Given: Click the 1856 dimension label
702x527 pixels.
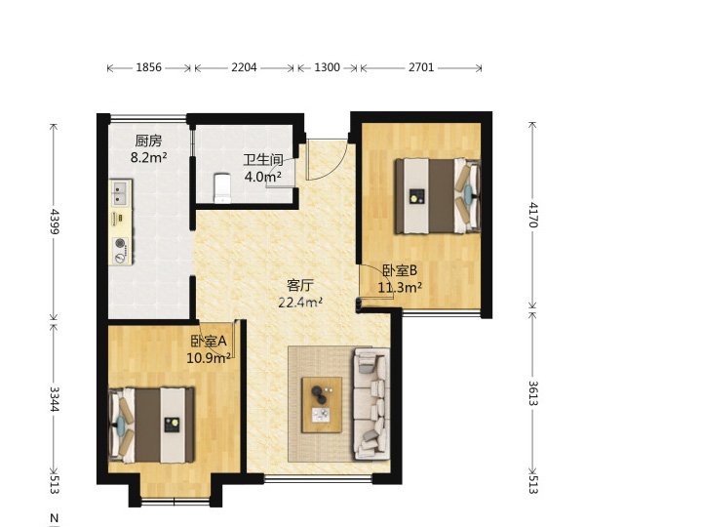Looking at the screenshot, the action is (148, 67).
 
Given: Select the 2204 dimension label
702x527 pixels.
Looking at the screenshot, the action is (244, 67).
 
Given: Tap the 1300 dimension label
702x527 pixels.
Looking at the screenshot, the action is (327, 67).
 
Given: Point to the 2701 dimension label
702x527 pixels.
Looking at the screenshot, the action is (421, 67).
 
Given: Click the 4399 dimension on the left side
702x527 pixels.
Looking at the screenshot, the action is (55, 222).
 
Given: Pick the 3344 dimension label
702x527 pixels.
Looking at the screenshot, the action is (55, 399).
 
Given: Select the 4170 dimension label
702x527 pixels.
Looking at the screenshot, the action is (532, 215).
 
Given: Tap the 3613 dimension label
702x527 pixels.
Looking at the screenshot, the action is (532, 393).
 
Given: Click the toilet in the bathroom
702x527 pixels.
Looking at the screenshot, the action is (222, 188).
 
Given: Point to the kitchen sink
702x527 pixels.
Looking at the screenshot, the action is (120, 193).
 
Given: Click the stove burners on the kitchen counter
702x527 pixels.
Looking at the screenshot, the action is (121, 251).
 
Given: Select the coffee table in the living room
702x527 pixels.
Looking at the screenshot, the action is (322, 405).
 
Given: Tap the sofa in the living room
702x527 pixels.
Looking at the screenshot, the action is (371, 403).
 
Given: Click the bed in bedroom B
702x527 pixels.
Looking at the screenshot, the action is (438, 196).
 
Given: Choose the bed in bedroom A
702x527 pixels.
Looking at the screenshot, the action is (152, 426).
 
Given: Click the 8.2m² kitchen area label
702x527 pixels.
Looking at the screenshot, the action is (148, 158).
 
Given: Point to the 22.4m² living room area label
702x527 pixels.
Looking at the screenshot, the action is (300, 303).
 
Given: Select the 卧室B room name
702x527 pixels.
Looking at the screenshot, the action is (400, 270).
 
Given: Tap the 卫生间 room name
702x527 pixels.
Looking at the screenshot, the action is (263, 159).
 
